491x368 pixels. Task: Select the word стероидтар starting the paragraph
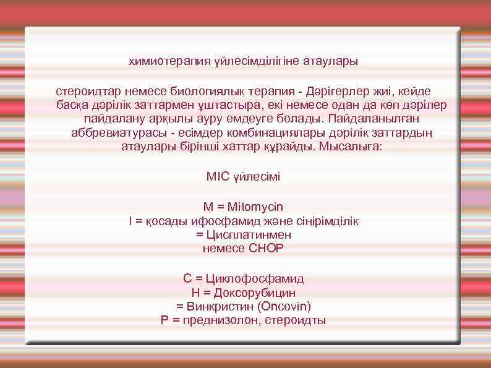(84, 91)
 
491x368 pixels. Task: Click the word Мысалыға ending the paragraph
(349, 147)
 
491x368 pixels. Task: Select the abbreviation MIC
(217, 177)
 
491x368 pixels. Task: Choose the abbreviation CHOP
(267, 249)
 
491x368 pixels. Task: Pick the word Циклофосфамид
(250, 278)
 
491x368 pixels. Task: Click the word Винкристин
(221, 307)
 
